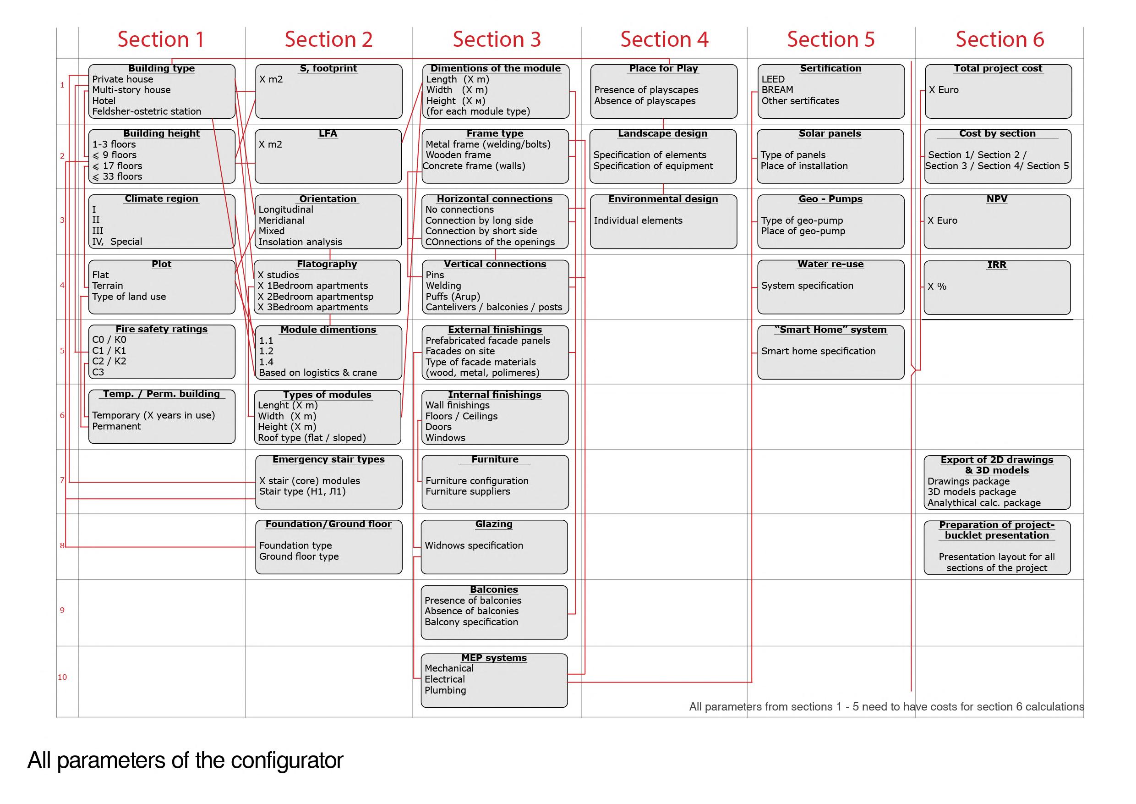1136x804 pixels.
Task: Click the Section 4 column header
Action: (664, 39)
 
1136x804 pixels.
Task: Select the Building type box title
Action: (161, 68)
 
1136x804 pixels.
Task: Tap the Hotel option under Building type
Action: (104, 100)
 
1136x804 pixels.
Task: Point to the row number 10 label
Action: (62, 677)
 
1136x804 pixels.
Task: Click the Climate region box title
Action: (161, 198)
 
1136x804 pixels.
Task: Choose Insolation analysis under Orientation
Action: (300, 242)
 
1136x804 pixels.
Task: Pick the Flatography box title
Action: (327, 264)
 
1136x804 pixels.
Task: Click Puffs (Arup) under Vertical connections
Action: (453, 297)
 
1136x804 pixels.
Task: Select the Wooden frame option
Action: (458, 155)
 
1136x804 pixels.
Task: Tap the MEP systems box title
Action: (494, 657)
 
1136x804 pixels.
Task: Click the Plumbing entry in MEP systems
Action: (445, 690)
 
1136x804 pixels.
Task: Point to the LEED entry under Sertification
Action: (773, 79)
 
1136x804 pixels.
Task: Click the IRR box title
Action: (996, 265)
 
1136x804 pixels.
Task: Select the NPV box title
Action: (996, 199)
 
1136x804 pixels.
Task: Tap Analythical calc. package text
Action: (983, 503)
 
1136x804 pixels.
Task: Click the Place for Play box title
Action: (663, 68)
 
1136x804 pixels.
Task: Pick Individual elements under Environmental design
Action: (638, 220)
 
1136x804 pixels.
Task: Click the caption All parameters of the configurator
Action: (185, 760)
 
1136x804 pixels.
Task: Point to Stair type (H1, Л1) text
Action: (302, 491)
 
